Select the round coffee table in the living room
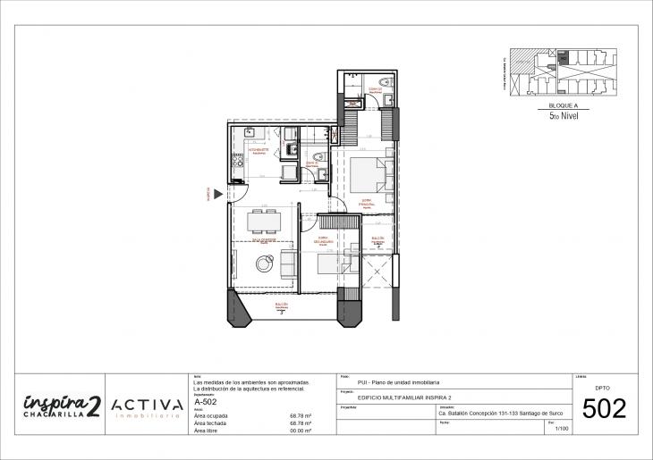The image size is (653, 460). pyautogui.click(x=266, y=263)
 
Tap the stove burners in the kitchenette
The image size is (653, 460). pyautogui.click(x=239, y=163)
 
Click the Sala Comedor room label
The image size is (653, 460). pyautogui.click(x=262, y=241)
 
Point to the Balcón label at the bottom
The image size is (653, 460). pyautogui.click(x=281, y=305)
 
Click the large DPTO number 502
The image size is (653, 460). pyautogui.click(x=605, y=409)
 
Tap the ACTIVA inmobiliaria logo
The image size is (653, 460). pyautogui.click(x=148, y=406)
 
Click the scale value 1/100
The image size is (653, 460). pyautogui.click(x=562, y=430)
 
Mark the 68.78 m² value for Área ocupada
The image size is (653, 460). pyautogui.click(x=300, y=415)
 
